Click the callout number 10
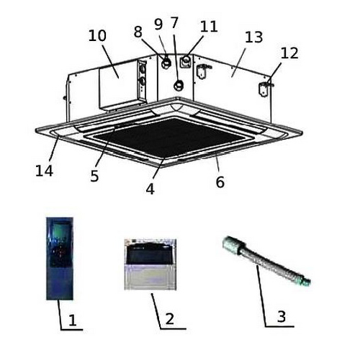pyautogui.click(x=97, y=35)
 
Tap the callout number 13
pyautogui.click(x=254, y=37)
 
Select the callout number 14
pyautogui.click(x=44, y=171)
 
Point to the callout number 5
pyautogui.click(x=94, y=176)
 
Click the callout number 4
pyautogui.click(x=150, y=189)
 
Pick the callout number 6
pyautogui.click(x=220, y=181)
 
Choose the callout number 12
pyautogui.click(x=289, y=53)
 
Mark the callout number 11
pyautogui.click(x=209, y=26)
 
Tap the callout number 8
pyautogui.click(x=138, y=32)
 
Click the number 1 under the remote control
pyautogui.click(x=73, y=320)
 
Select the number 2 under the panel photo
pyautogui.click(x=170, y=319)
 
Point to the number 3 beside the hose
pyautogui.click(x=282, y=316)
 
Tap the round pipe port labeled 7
pyautogui.click(x=179, y=85)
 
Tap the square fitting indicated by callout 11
pyautogui.click(x=186, y=62)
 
